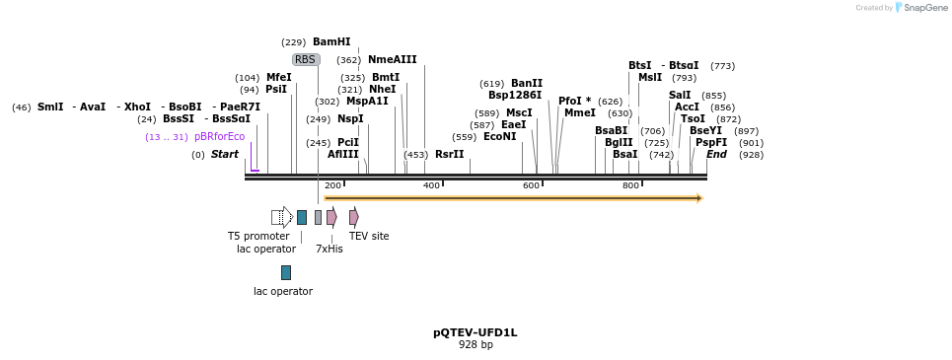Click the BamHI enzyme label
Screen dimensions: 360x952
click(331, 42)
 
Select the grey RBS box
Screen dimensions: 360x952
click(306, 60)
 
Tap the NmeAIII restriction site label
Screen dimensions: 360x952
click(393, 60)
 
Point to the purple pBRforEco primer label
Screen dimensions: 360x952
click(219, 136)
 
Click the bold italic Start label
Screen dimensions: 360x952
click(224, 154)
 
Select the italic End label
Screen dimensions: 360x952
click(716, 154)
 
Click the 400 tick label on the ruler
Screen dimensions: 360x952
click(431, 185)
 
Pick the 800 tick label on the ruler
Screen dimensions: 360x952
click(629, 185)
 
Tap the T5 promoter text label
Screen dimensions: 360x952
click(258, 236)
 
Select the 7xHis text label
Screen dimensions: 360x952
click(330, 249)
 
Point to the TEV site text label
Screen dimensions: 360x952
click(369, 236)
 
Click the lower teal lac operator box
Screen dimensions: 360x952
click(286, 272)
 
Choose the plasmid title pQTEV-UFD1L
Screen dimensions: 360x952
click(476, 332)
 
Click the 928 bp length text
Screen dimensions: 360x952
click(476, 344)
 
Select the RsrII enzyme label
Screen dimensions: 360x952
click(449, 154)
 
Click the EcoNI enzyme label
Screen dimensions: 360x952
click(499, 136)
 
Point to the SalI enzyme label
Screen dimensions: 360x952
click(680, 95)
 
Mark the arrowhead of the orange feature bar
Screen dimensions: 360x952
click(698, 198)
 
